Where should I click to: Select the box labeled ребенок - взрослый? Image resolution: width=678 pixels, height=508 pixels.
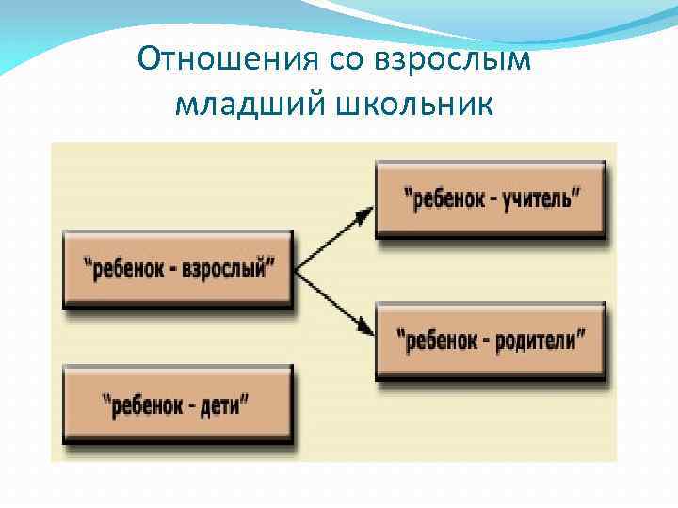tap(178, 269)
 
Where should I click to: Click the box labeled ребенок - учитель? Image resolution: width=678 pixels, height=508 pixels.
tap(490, 199)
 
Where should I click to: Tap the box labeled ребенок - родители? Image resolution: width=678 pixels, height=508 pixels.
tap(490, 340)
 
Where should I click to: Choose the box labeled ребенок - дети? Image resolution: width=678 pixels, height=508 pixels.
tap(178, 405)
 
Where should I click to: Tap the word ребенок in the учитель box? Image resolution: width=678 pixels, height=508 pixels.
tap(444, 199)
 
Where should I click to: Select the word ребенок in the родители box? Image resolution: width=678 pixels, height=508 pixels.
tap(437, 340)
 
